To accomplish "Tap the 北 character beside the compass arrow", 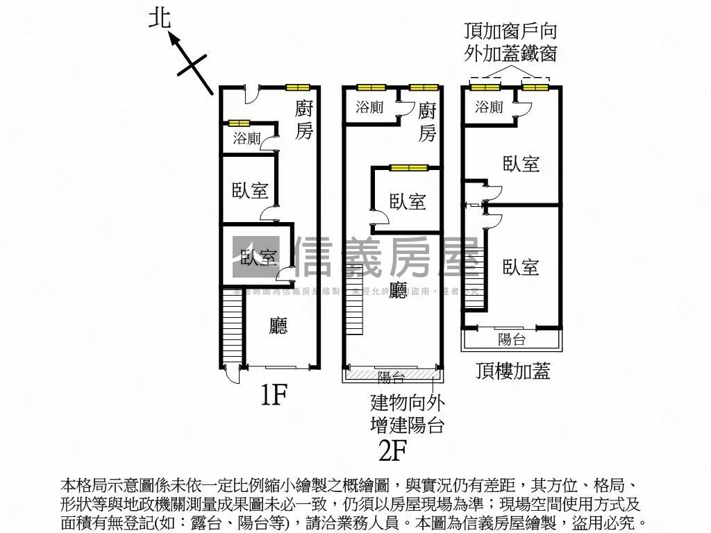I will click(160, 18).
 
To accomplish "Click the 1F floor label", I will click(274, 395).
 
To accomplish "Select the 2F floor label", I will click(392, 451).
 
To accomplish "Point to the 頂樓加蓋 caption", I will click(513, 371).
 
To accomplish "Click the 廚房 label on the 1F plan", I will click(304, 119).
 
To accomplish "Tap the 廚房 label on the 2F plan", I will click(427, 121).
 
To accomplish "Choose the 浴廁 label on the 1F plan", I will click(246, 138).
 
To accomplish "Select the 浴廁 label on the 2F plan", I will click(369, 108).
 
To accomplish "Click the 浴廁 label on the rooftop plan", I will click(490, 107).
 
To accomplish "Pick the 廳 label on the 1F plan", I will click(278, 326).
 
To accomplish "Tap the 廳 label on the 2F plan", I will click(398, 290).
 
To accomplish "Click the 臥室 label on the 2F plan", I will click(408, 202).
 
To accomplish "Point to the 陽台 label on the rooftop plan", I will click(512, 339).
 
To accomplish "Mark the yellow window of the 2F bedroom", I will click(408, 167).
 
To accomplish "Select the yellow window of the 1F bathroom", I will click(240, 124).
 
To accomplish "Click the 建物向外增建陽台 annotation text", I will click(408, 413).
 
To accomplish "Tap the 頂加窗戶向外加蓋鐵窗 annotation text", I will click(510, 42).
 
